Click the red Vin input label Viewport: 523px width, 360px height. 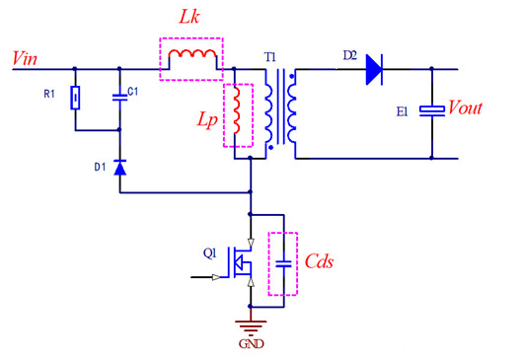pyautogui.click(x=26, y=57)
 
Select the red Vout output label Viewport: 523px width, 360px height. pyautogui.click(x=465, y=108)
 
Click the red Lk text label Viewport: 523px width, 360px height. pyautogui.click(x=189, y=20)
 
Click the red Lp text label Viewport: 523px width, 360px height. pyautogui.click(x=204, y=129)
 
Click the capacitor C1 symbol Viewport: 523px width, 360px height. pyautogui.click(x=120, y=96)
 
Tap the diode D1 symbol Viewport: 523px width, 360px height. pyautogui.click(x=120, y=168)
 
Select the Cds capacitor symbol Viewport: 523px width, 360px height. pyautogui.click(x=283, y=263)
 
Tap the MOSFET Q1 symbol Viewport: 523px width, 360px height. pyautogui.click(x=243, y=263)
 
